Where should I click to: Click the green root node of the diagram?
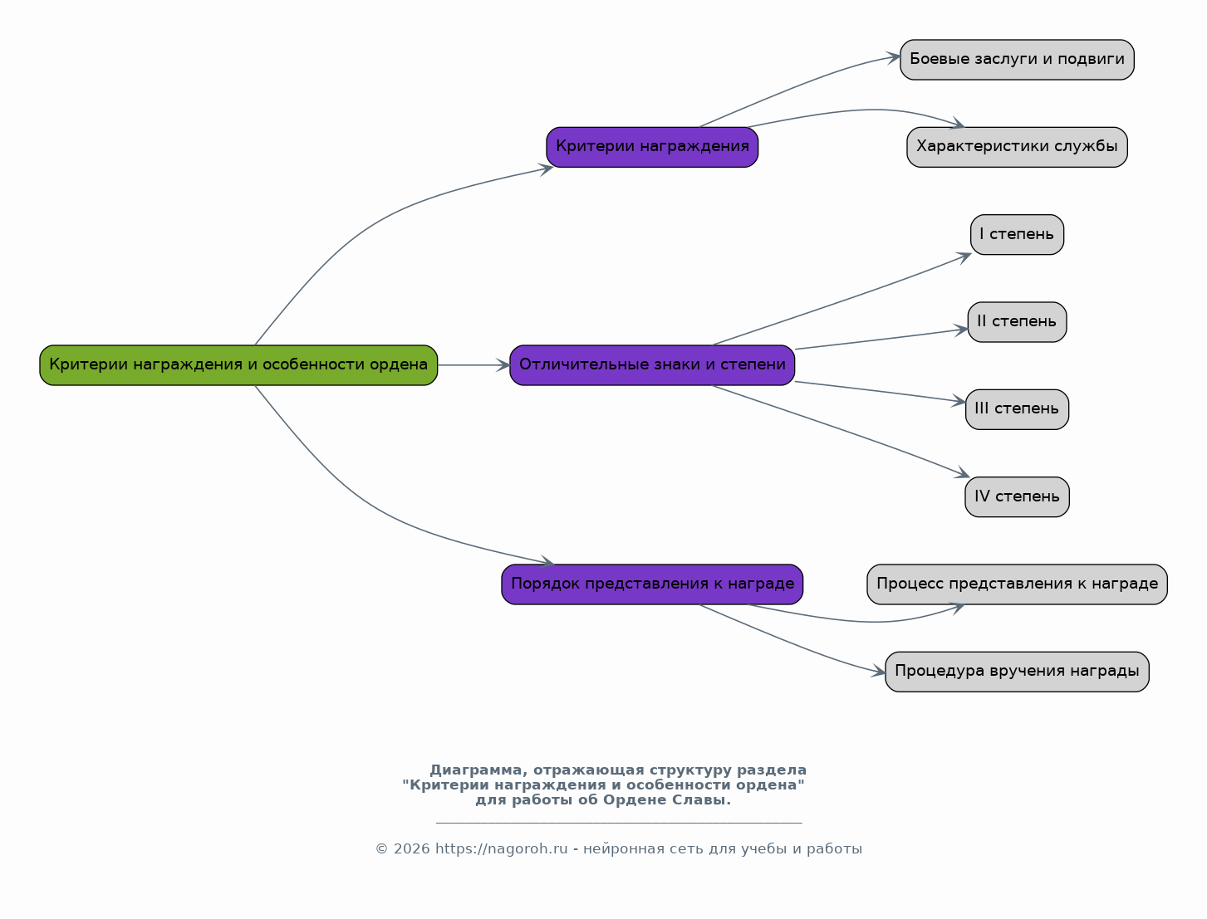(238, 365)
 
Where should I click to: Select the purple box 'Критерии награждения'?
(652, 147)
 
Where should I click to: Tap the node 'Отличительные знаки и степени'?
(652, 365)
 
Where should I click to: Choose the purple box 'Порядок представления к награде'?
(652, 584)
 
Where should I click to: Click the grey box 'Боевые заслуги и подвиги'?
(1017, 60)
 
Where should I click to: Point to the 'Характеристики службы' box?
(1017, 147)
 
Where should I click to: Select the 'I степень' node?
(1017, 235)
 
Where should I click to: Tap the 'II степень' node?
(1017, 322)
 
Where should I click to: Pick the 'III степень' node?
(1017, 409)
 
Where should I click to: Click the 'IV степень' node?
(1017, 497)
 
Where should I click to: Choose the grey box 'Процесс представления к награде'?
(1017, 584)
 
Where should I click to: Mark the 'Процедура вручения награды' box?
(1017, 672)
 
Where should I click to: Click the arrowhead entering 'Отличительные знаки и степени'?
(503, 365)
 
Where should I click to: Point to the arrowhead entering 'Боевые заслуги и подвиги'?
(893, 57)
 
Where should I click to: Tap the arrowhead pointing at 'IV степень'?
(962, 472)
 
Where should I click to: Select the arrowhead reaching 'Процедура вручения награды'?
(878, 671)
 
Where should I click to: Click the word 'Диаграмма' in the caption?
(476, 770)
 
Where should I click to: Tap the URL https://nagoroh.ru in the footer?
(502, 849)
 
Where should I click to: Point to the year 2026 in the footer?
(412, 849)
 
